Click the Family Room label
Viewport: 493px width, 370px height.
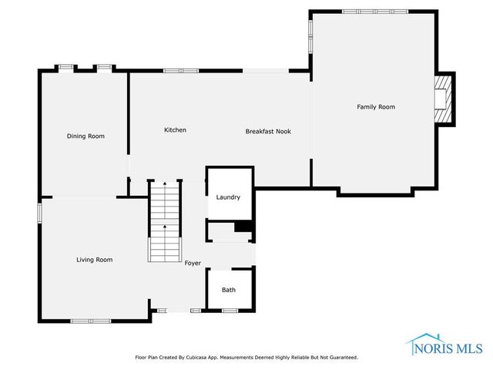(x=375, y=107)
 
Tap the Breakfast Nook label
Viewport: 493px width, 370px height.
(x=267, y=131)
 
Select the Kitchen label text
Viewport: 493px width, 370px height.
(x=175, y=130)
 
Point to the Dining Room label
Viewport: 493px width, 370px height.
(x=86, y=136)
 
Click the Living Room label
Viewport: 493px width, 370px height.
(x=94, y=260)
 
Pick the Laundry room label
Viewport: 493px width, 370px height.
(x=228, y=197)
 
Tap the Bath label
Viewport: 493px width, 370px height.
(x=229, y=290)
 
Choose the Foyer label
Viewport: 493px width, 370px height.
(x=193, y=264)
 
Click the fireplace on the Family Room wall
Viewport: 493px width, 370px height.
(x=444, y=99)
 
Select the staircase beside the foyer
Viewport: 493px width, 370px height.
(x=163, y=220)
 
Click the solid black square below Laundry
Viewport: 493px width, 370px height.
(x=243, y=227)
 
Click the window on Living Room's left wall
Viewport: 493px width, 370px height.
(x=40, y=213)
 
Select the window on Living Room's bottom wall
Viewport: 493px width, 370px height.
(x=90, y=320)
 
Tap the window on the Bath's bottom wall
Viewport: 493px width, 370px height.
(x=230, y=311)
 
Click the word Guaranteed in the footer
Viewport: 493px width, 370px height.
(x=340, y=358)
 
